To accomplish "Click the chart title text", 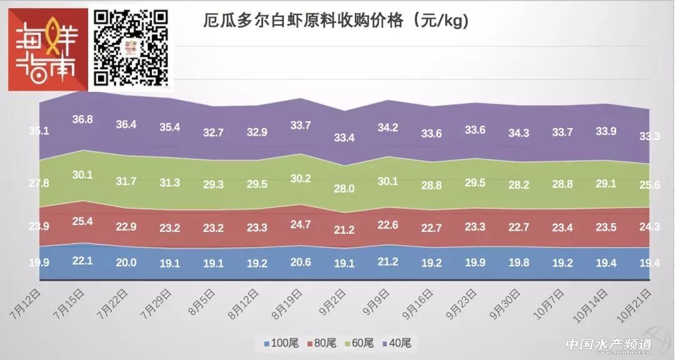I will tap(336, 21).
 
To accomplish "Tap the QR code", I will tap(131, 47).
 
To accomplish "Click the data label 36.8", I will tap(82, 119).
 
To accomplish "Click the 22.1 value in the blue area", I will tap(82, 261).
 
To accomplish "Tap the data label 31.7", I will tap(126, 182).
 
